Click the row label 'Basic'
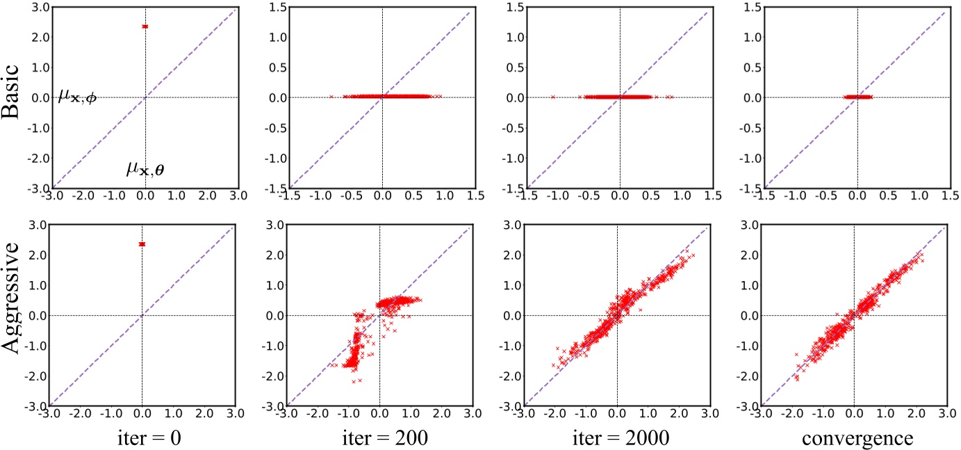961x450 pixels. pyautogui.click(x=21, y=99)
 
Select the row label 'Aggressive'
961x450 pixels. pyautogui.click(x=21, y=315)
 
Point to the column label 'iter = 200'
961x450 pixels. pyautogui.click(x=380, y=436)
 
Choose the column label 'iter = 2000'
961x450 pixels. pyautogui.click(x=616, y=436)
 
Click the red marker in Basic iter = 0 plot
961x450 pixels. pyautogui.click(x=145, y=26)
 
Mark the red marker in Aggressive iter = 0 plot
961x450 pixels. pyautogui.click(x=142, y=244)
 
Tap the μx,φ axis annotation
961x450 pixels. pyautogui.click(x=79, y=98)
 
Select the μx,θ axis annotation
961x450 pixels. pyautogui.click(x=145, y=168)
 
